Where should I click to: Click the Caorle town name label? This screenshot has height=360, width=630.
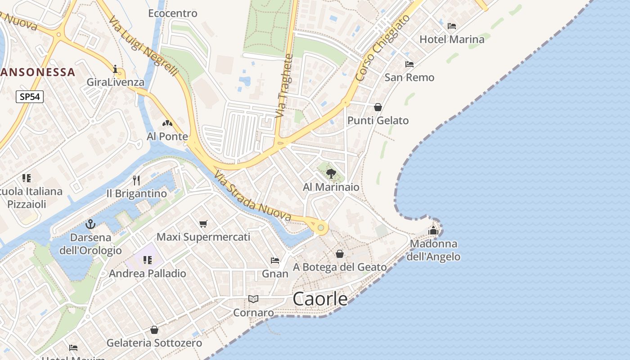coord(320,299)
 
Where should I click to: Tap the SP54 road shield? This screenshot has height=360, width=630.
coord(30,97)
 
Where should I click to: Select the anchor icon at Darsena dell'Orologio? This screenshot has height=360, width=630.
coord(90,224)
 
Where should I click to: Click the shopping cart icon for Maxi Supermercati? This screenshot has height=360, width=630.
coord(203,224)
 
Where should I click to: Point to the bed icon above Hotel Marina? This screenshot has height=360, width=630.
coord(452,26)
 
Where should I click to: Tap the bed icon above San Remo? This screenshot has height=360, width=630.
coord(409,64)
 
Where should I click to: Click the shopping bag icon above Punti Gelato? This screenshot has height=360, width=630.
coord(378,107)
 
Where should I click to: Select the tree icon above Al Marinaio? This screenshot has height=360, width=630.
coord(331,173)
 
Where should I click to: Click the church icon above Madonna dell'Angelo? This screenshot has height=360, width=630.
coord(433,230)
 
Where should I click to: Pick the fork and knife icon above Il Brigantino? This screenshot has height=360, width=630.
coord(136,180)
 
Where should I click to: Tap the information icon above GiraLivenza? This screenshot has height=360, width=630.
coord(116,69)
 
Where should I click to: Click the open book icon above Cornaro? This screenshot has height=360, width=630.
coord(253,299)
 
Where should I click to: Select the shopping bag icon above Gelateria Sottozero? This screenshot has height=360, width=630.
coord(154,330)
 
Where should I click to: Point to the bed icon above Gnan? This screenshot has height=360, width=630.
coord(275,261)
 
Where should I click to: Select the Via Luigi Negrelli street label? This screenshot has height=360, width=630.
coord(144,47)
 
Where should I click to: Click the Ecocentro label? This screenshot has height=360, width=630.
coord(173,13)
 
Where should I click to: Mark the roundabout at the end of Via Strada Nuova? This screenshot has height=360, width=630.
coord(320,228)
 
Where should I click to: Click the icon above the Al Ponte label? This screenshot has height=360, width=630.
coord(167,123)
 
